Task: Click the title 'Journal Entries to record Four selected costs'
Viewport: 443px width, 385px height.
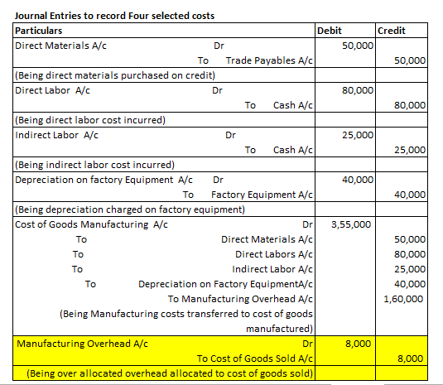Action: click(x=114, y=16)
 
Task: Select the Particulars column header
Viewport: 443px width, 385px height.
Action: click(x=38, y=31)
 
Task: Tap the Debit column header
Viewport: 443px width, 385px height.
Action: click(x=329, y=31)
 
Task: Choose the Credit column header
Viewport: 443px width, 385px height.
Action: click(x=392, y=31)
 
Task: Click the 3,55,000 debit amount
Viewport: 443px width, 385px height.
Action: click(x=351, y=224)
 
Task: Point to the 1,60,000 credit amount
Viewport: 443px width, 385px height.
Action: click(x=403, y=299)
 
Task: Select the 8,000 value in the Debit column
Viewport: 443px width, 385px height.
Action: click(x=359, y=344)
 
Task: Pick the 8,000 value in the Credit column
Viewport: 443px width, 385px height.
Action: click(x=410, y=359)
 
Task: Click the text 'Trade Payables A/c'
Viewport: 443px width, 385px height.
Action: click(x=269, y=60)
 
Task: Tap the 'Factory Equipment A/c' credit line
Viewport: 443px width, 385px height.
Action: click(x=262, y=195)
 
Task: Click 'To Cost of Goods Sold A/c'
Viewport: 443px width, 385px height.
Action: click(x=255, y=359)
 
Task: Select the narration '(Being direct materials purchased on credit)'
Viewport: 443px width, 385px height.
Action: click(x=115, y=75)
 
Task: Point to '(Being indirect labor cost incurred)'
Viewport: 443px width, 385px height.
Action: click(x=94, y=165)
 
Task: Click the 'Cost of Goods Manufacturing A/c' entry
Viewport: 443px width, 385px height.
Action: click(x=91, y=224)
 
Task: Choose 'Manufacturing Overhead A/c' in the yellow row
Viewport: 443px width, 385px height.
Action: click(x=82, y=344)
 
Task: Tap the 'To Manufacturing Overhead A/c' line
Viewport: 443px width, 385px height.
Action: click(x=240, y=299)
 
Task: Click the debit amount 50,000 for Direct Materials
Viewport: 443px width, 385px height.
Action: click(x=358, y=46)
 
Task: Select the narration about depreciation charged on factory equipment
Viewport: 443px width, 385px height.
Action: click(x=130, y=209)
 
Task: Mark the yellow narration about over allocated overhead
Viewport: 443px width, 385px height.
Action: click(x=170, y=373)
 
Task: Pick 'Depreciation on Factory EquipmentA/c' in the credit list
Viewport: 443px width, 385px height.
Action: click(x=225, y=284)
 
